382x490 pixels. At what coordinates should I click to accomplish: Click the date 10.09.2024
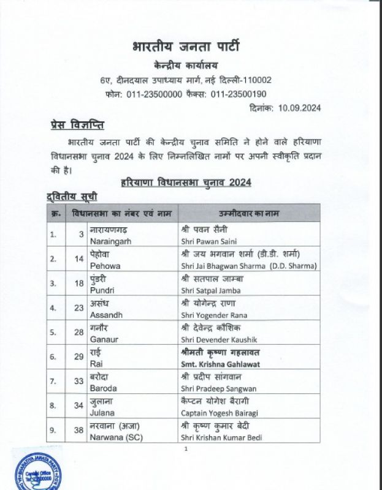[298, 107]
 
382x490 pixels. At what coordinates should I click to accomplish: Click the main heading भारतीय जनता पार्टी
[186, 47]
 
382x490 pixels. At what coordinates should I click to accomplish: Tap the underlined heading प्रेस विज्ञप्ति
[77, 126]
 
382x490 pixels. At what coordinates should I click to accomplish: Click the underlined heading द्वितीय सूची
[72, 197]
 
